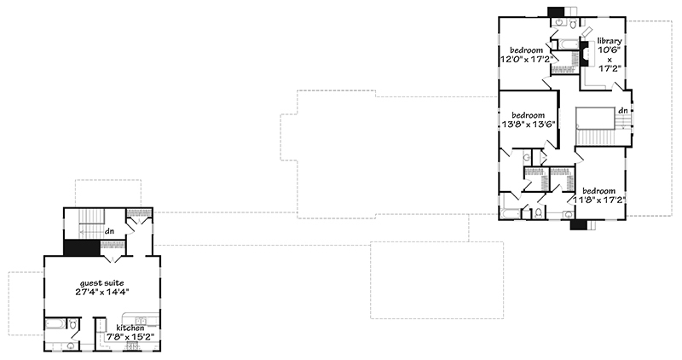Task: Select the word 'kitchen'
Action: pyautogui.click(x=118, y=327)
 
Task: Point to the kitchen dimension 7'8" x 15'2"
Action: pyautogui.click(x=119, y=336)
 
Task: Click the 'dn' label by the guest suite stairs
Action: pyautogui.click(x=109, y=230)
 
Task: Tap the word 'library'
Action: pyautogui.click(x=610, y=41)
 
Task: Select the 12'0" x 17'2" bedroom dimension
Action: pyautogui.click(x=528, y=59)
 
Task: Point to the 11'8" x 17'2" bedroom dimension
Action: pyautogui.click(x=604, y=200)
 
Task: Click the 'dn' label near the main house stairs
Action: pyautogui.click(x=622, y=110)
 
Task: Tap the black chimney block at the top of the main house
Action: pyautogui.click(x=556, y=12)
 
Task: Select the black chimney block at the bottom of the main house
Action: pyautogui.click(x=579, y=224)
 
